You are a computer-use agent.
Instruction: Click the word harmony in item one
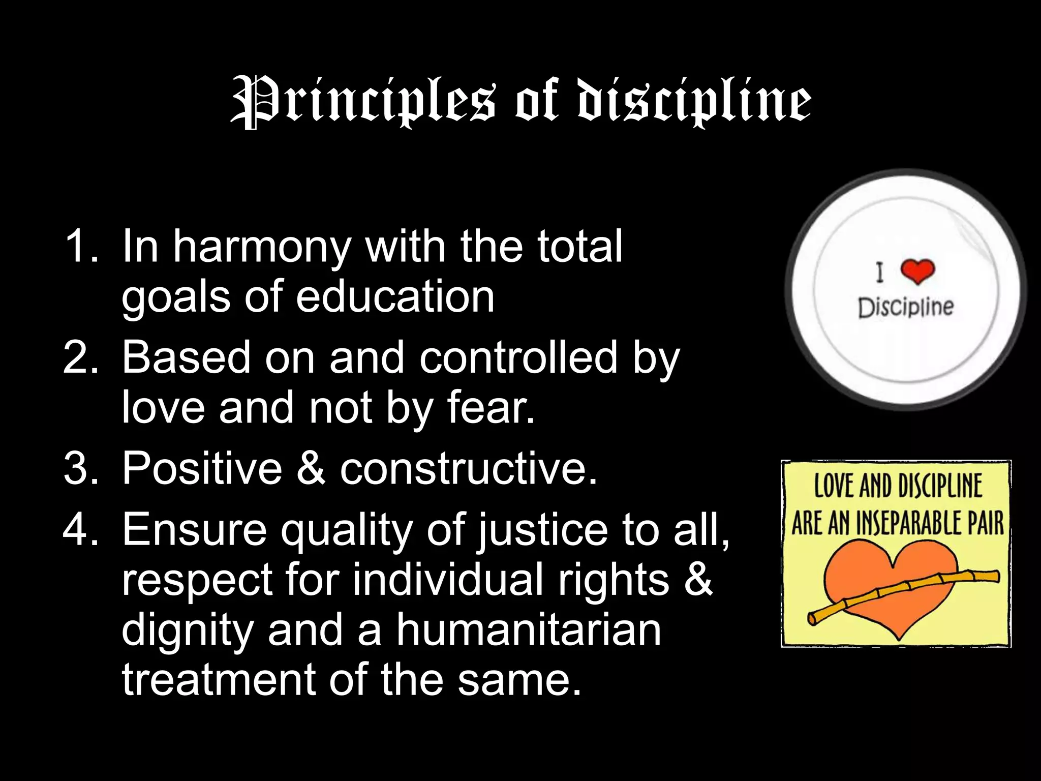262,248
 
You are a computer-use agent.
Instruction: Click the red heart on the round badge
917,271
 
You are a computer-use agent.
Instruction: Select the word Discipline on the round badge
906,307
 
